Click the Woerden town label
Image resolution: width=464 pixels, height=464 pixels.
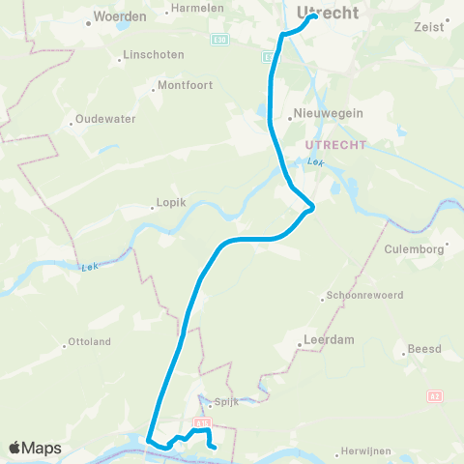pos(120,17)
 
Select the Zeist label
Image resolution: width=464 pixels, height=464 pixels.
pos(432,27)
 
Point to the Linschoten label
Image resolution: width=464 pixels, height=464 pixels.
pos(153,55)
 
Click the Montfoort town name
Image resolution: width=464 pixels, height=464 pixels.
pos(183,85)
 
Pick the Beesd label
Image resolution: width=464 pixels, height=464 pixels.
pos(424,348)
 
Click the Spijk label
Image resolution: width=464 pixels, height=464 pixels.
pos(226,401)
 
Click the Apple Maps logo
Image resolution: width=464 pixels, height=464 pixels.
pos(35,448)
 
